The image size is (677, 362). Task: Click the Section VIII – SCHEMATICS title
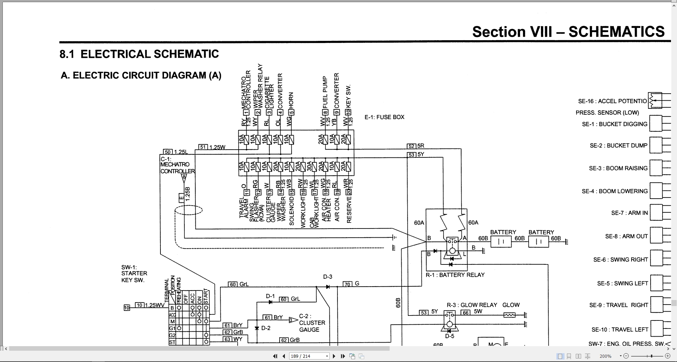568,32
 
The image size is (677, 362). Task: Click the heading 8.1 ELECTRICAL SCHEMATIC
139,54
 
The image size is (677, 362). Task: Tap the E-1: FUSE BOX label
384,117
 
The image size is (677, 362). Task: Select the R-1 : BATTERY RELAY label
455,275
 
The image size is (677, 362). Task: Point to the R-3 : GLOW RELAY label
471,305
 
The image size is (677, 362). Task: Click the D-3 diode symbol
328,287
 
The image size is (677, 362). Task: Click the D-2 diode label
266,328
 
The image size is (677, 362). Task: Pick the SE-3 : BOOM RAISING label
618,168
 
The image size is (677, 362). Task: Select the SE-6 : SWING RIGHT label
620,260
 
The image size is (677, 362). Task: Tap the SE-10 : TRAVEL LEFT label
620,330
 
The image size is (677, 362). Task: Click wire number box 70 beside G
347,284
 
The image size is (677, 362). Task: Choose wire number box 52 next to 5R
411,146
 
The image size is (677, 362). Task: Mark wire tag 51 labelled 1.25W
203,147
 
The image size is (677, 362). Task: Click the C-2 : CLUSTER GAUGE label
312,323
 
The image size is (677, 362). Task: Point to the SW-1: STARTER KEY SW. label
134,273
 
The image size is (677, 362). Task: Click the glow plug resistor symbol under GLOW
509,315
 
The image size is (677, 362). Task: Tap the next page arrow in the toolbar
334,356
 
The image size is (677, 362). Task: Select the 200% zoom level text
605,356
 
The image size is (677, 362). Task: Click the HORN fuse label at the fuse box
291,100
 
